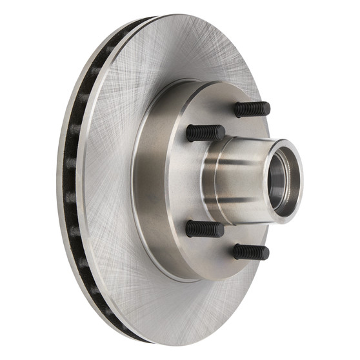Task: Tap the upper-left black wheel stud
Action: pyautogui.click(x=205, y=133)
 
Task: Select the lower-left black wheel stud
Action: pyautogui.click(x=205, y=229)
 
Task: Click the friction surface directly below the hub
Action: pyautogui.click(x=194, y=303)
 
